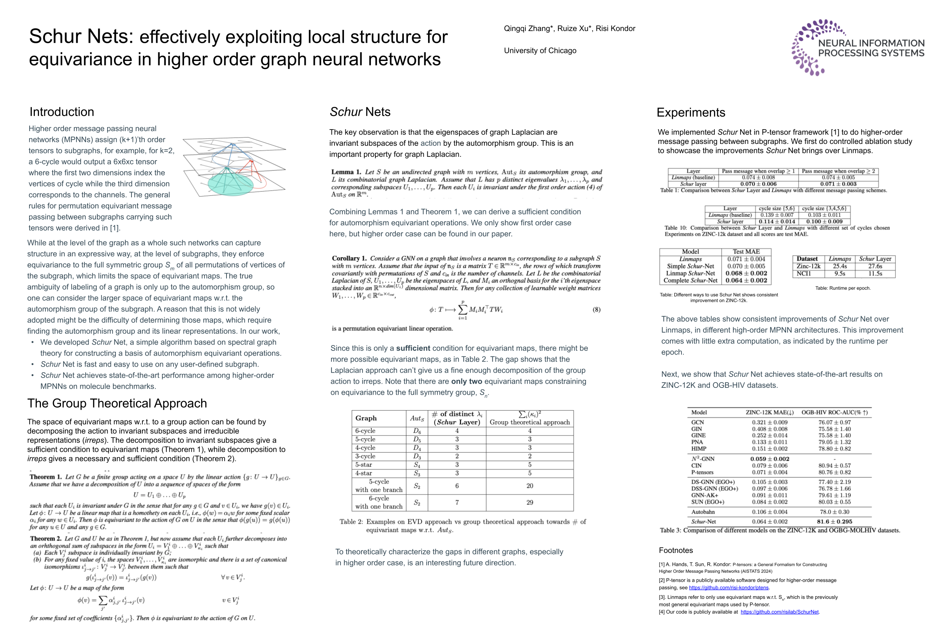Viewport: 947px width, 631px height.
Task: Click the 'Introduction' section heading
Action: click(62, 112)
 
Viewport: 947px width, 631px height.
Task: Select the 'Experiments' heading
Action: click(691, 112)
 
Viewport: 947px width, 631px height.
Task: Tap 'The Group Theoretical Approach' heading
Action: click(117, 403)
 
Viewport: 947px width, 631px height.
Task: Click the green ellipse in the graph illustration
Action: click(230, 184)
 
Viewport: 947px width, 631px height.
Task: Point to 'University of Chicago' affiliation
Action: click(540, 51)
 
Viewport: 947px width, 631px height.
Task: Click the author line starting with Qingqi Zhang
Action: click(569, 28)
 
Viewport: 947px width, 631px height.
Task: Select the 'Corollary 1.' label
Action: click(349, 258)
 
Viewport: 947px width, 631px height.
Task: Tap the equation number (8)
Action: click(596, 309)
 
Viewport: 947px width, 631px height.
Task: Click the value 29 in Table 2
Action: click(529, 502)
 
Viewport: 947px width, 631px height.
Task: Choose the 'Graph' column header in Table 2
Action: click(366, 418)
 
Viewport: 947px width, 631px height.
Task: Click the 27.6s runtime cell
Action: click(875, 266)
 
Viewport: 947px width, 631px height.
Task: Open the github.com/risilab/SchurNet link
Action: click(779, 612)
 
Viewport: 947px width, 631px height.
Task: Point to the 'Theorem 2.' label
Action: click(45, 539)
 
